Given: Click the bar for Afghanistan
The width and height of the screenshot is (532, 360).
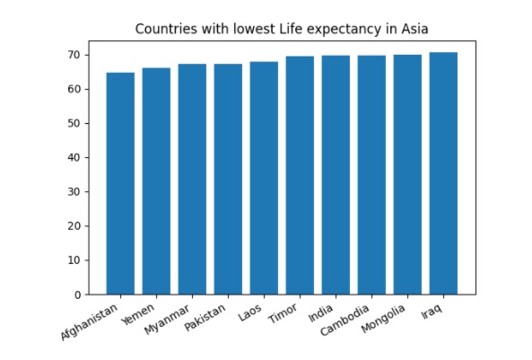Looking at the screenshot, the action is [120, 183].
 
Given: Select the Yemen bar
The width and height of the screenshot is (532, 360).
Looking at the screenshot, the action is [156, 181].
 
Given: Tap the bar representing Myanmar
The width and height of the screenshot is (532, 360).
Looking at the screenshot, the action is [192, 179].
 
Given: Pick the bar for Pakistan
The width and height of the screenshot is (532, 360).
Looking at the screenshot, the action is [228, 179].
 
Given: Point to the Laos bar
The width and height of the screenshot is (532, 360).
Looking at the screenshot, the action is [264, 178].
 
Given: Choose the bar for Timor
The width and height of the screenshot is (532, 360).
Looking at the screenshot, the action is [300, 175].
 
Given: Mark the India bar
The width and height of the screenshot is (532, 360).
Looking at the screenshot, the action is [336, 175].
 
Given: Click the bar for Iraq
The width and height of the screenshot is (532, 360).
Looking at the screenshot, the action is [443, 173].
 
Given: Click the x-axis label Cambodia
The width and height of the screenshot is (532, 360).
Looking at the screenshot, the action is [344, 320].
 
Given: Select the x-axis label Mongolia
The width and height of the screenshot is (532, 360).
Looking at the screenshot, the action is [383, 319].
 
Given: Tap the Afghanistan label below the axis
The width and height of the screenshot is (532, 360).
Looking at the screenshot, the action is [90, 322].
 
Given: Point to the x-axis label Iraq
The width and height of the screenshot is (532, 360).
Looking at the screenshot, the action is [432, 312].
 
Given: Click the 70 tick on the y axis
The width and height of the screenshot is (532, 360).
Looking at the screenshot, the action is [74, 55].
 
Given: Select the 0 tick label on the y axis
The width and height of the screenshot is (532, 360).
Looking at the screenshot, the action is [78, 294].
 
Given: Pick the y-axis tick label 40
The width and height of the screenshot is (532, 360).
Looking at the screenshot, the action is [74, 158].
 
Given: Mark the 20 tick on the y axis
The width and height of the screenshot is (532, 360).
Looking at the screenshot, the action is [74, 226].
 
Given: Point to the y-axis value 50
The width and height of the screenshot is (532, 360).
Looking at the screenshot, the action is [74, 124].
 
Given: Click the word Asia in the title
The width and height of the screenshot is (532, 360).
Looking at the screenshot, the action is [414, 30].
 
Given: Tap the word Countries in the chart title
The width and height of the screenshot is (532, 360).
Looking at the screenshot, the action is [166, 30].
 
